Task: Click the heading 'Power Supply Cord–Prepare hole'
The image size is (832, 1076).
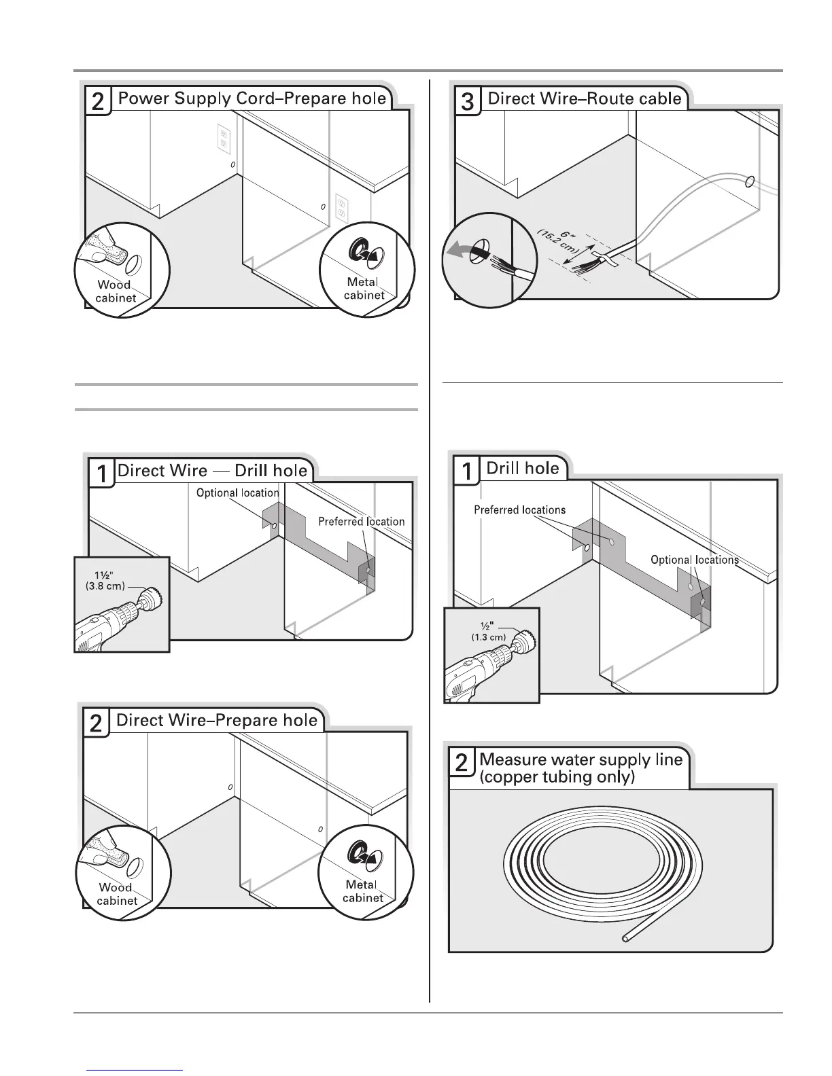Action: [x=252, y=98]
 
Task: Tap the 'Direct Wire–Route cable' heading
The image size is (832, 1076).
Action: [x=584, y=98]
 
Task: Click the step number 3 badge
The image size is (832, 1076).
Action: [x=468, y=102]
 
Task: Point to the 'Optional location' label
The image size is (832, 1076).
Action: [x=237, y=493]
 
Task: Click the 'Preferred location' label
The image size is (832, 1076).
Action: [x=361, y=522]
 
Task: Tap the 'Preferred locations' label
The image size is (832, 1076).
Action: [x=519, y=510]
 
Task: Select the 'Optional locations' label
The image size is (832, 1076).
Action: [x=694, y=560]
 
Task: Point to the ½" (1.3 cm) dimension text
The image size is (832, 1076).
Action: [x=488, y=631]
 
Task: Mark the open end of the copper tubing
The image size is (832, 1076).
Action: [x=625, y=940]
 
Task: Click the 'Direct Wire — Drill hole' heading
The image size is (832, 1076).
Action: [x=212, y=471]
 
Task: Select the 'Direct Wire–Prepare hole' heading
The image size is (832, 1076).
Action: [x=217, y=720]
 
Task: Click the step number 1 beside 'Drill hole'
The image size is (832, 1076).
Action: [x=466, y=471]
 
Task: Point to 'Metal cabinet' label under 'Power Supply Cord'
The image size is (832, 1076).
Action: [x=364, y=288]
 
